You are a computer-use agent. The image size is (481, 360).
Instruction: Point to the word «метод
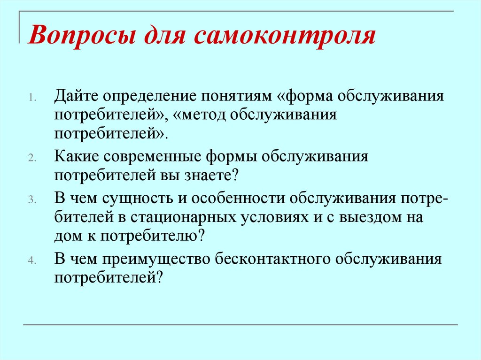point(204,115)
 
